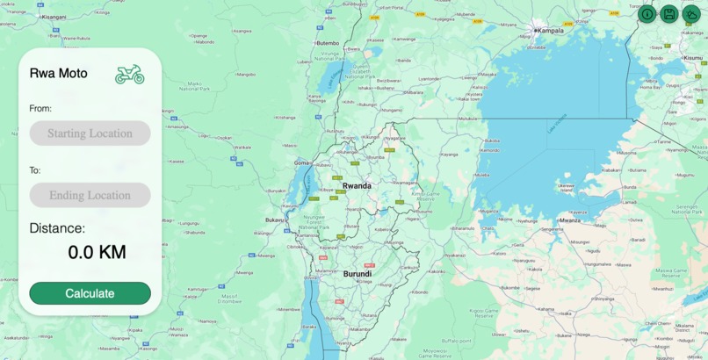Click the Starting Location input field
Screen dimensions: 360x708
[90, 133]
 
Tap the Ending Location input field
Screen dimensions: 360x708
[90, 195]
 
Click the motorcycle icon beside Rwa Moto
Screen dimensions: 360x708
[129, 75]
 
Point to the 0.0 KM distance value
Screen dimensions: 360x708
[97, 253]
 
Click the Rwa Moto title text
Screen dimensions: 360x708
[58, 74]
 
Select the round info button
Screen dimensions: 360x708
[647, 13]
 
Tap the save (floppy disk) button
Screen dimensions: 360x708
[668, 13]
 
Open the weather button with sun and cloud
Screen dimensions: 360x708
[691, 13]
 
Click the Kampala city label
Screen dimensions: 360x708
[551, 31]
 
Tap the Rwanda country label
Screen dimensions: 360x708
[357, 186]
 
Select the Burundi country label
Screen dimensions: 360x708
[357, 274]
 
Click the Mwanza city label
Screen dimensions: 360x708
[570, 220]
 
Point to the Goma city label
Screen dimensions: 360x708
[302, 163]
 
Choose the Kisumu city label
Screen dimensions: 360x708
[693, 58]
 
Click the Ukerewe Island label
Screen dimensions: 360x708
[567, 188]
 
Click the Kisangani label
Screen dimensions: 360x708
[54, 17]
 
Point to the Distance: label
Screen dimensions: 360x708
[57, 228]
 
